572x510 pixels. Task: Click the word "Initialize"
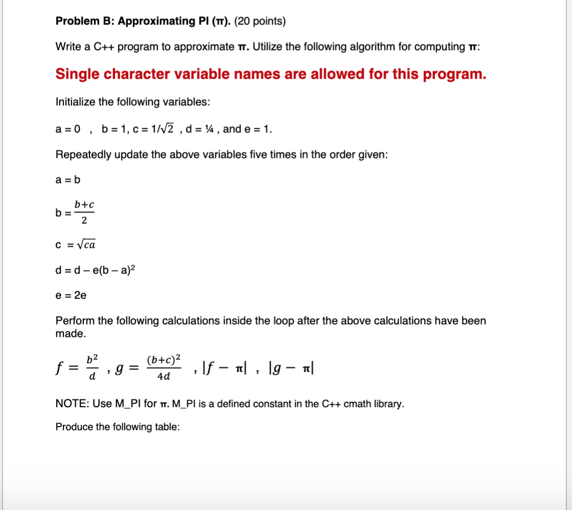click(75, 102)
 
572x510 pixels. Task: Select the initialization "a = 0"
click(68, 129)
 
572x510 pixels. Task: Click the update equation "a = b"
click(68, 180)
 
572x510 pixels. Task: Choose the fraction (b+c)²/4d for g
click(163, 367)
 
